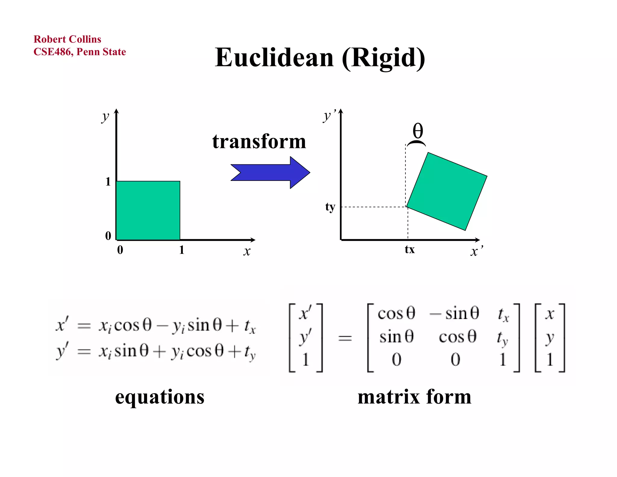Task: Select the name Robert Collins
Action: [67, 39]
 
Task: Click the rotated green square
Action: [447, 191]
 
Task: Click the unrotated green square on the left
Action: [148, 210]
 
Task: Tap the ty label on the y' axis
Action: [330, 207]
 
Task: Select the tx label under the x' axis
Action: [410, 250]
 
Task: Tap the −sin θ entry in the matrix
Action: [454, 313]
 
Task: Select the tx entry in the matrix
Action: [503, 314]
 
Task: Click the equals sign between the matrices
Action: [345, 338]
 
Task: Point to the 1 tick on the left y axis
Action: [108, 182]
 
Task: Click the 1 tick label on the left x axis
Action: [181, 250]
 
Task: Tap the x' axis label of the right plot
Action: [476, 251]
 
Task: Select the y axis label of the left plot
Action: [105, 116]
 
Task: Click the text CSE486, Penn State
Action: [80, 52]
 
